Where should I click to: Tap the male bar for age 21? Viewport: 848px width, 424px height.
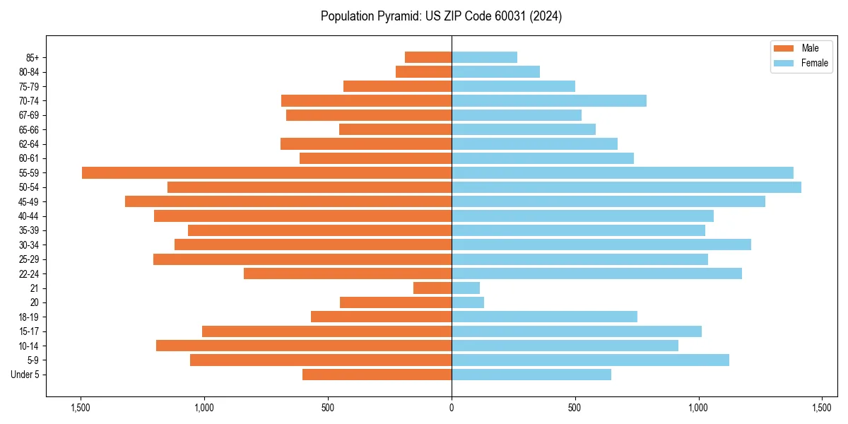click(432, 288)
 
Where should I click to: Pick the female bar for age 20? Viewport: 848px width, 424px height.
click(468, 302)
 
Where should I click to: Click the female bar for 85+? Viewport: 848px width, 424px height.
click(484, 57)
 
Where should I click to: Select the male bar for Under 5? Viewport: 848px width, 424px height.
click(377, 375)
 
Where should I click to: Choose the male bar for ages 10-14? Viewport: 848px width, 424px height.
click(304, 346)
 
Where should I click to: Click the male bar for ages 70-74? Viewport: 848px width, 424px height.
click(366, 100)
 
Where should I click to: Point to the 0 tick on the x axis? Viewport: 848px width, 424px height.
click(452, 408)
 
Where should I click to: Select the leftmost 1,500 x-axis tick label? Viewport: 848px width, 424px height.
click(81, 408)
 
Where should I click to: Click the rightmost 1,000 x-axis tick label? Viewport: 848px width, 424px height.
click(698, 408)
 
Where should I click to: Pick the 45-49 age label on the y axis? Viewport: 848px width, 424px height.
click(29, 201)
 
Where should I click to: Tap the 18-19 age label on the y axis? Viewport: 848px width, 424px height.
click(29, 317)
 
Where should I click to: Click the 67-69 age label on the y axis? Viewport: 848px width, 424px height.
click(29, 115)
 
